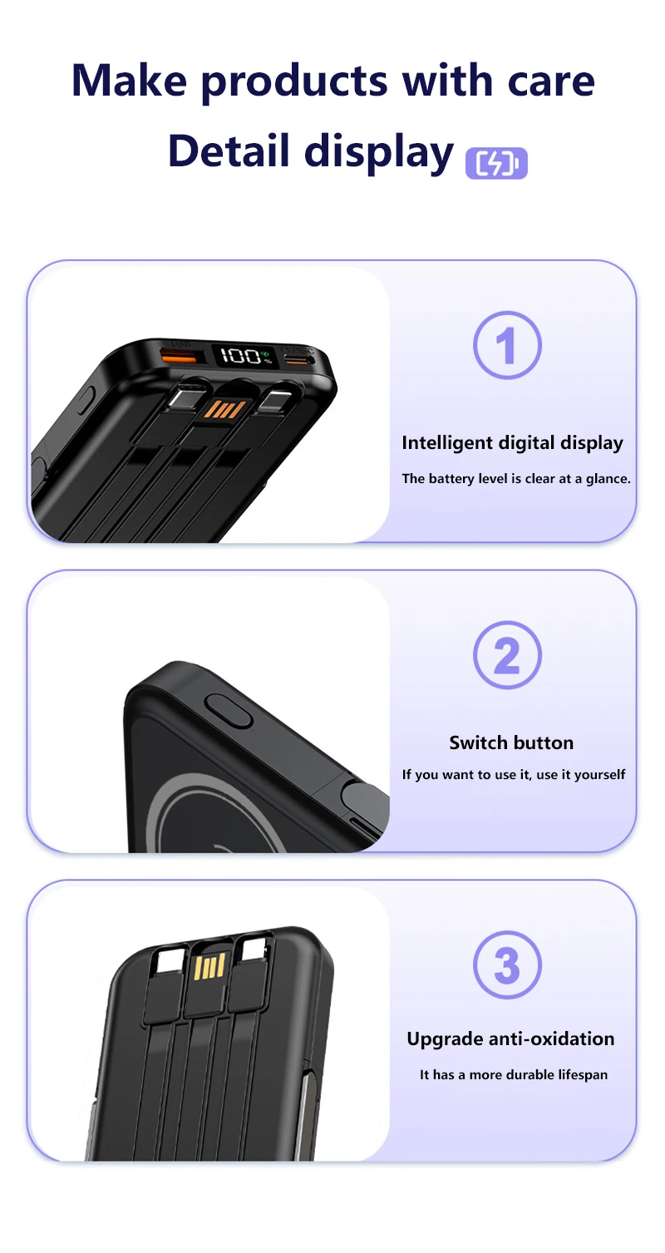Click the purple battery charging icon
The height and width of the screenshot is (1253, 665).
pos(496,163)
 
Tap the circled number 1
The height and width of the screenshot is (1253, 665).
pos(507,345)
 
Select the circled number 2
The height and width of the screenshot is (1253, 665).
pos(507,655)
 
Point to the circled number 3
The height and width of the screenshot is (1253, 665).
pos(507,965)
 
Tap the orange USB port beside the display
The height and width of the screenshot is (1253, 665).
pos(179,355)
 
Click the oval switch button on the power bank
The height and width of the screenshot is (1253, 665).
pos(229,710)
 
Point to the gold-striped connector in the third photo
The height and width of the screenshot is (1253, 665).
pos(209,966)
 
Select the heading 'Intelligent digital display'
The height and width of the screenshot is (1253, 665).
pos(512,443)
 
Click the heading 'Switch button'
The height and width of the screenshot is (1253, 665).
pos(511,742)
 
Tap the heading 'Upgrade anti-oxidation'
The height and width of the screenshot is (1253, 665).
pos(510,1038)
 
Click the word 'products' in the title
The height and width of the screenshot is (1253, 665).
pos(294,82)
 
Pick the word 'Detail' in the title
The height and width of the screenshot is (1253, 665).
pos(229,151)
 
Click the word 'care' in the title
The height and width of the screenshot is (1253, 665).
pos(551,81)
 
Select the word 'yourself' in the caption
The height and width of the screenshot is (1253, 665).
pos(599,775)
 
